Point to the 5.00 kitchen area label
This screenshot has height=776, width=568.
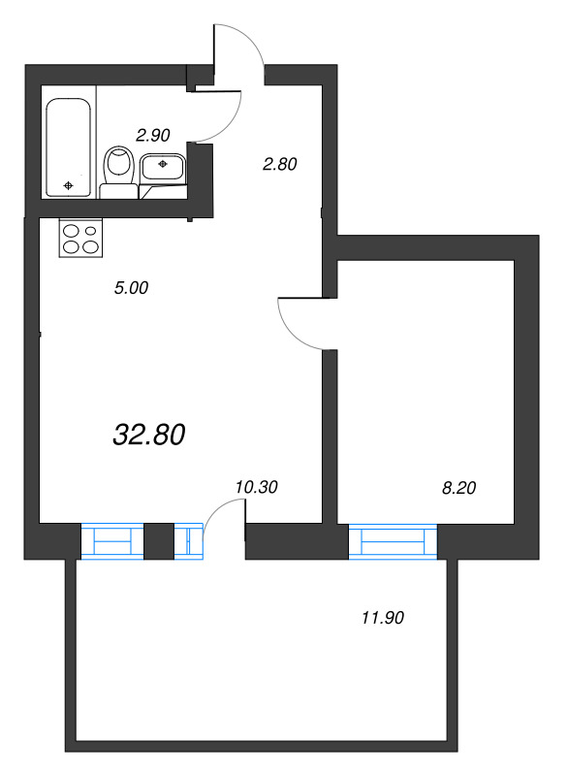click(131, 287)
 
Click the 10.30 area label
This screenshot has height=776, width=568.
click(256, 488)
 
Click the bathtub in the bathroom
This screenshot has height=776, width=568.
click(69, 145)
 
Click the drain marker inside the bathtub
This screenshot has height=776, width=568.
click(68, 184)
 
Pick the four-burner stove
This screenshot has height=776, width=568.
click(81, 239)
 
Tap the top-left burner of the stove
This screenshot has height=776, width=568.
click(72, 231)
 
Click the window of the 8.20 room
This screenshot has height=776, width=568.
click(393, 541)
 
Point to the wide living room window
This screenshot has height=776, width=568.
click(111, 541)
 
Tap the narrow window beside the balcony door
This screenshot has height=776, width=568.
click(188, 541)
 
